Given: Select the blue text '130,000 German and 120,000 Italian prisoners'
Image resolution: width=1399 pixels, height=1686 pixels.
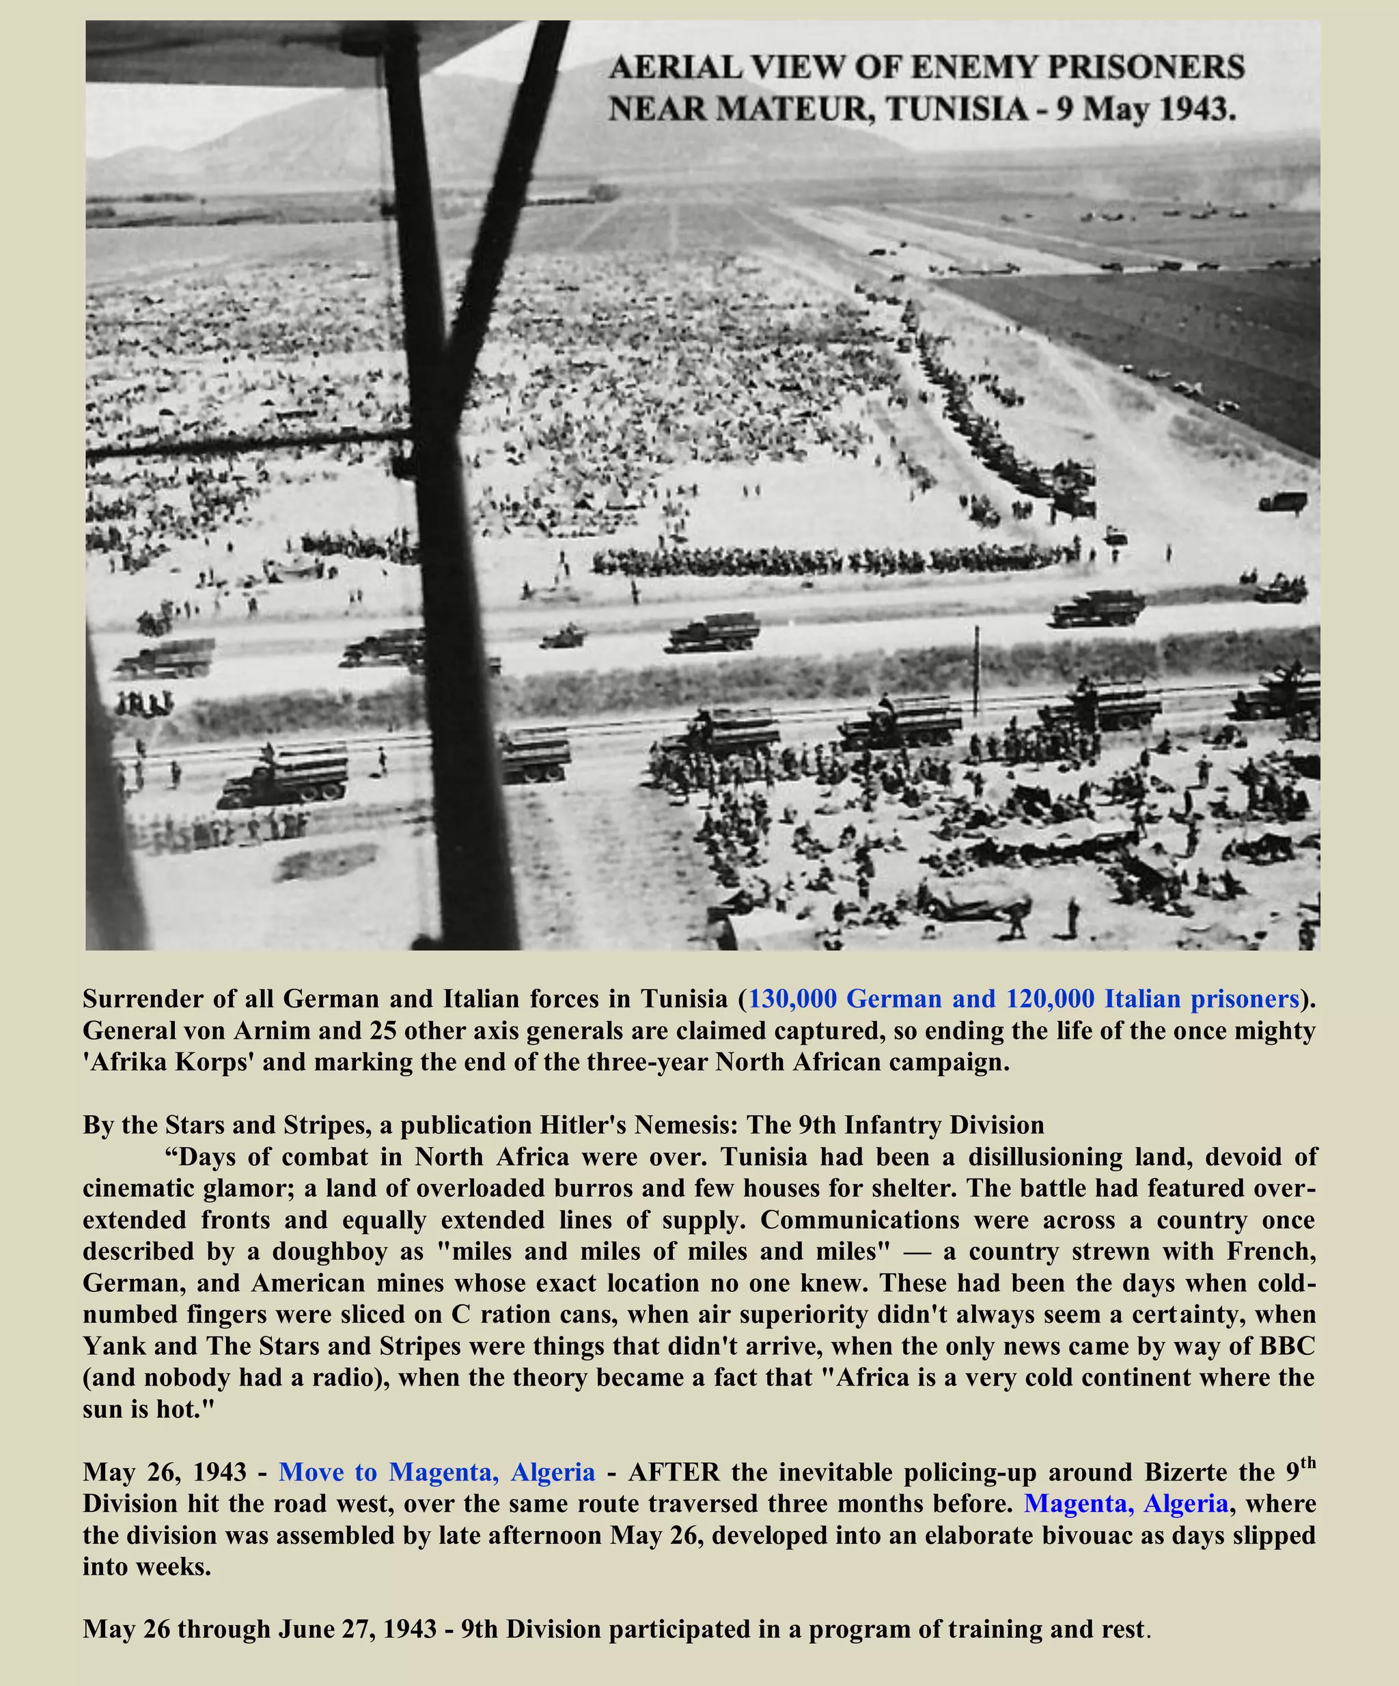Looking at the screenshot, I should [x=1023, y=999].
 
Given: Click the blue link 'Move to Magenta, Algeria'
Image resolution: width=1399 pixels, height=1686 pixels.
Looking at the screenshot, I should [x=437, y=1472].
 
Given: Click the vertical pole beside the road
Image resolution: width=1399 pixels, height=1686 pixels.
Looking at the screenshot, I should [x=977, y=671].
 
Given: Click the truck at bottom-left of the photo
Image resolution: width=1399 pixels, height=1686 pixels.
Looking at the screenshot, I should [x=285, y=775].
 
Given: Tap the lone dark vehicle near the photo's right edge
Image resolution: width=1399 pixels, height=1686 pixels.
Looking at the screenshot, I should [x=1283, y=502].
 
